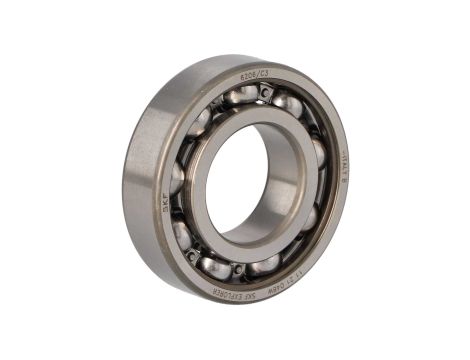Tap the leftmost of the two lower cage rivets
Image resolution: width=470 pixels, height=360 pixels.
(190, 255)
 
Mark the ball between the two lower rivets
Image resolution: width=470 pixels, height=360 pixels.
(214, 266)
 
